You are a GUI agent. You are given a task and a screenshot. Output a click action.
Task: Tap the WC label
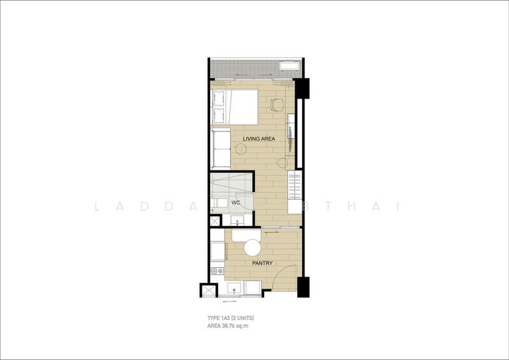(235, 203)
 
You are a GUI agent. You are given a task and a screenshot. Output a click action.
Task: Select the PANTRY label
(261, 263)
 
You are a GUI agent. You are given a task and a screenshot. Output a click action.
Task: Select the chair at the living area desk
(277, 104)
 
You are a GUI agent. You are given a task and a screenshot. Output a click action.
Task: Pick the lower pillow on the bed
(219, 115)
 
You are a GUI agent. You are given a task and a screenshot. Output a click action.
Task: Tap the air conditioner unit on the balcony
(290, 66)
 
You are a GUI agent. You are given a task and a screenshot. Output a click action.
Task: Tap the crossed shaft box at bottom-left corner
(209, 291)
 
